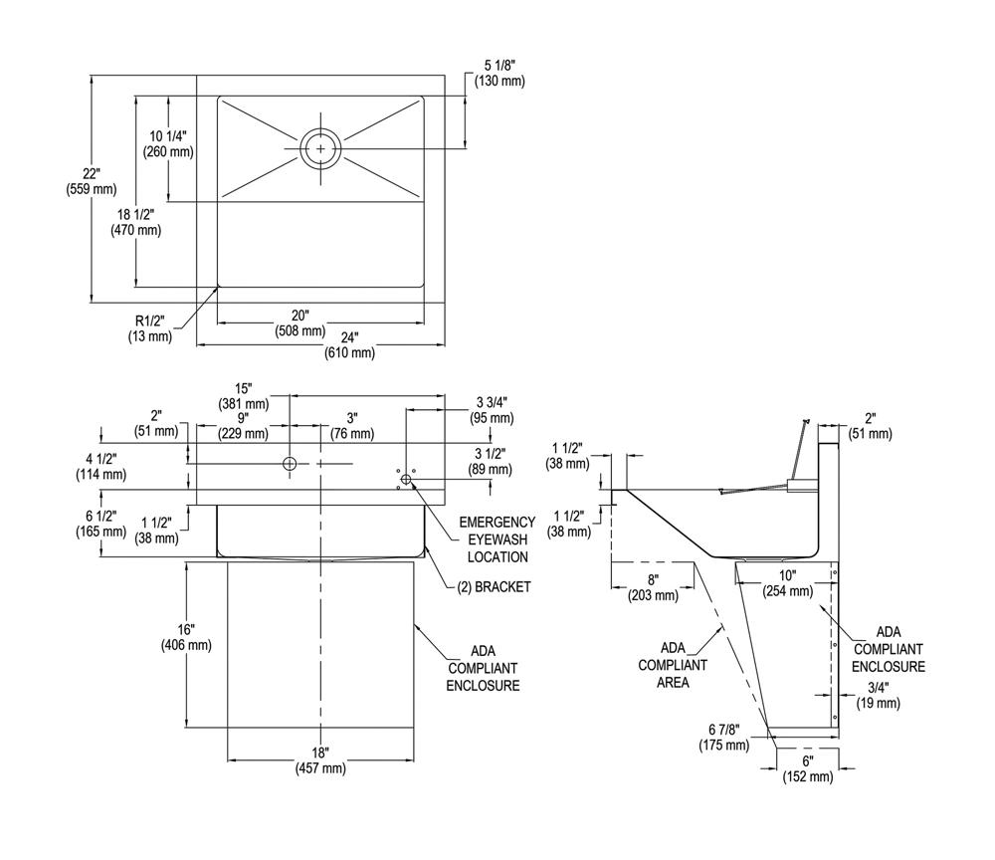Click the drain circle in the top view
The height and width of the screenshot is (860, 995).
point(320,147)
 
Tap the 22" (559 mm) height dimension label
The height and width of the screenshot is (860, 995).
point(91,180)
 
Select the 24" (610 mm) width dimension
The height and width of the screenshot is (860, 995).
point(349,344)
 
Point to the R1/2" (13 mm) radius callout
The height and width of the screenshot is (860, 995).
point(149,328)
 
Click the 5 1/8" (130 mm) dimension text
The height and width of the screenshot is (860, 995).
point(497,74)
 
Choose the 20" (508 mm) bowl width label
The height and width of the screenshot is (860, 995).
point(300,323)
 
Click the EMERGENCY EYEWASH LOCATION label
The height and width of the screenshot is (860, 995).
point(497,539)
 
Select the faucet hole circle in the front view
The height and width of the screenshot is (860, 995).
point(290,464)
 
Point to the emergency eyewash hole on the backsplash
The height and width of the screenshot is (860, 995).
point(405,481)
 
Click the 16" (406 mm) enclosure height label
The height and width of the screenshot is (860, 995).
point(186,637)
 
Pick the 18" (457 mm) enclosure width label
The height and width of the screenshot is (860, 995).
point(320,760)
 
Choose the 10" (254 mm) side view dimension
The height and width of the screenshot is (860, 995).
point(788,583)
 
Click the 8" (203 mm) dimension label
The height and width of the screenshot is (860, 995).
point(653,588)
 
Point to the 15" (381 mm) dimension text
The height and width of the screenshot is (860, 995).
point(244,395)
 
